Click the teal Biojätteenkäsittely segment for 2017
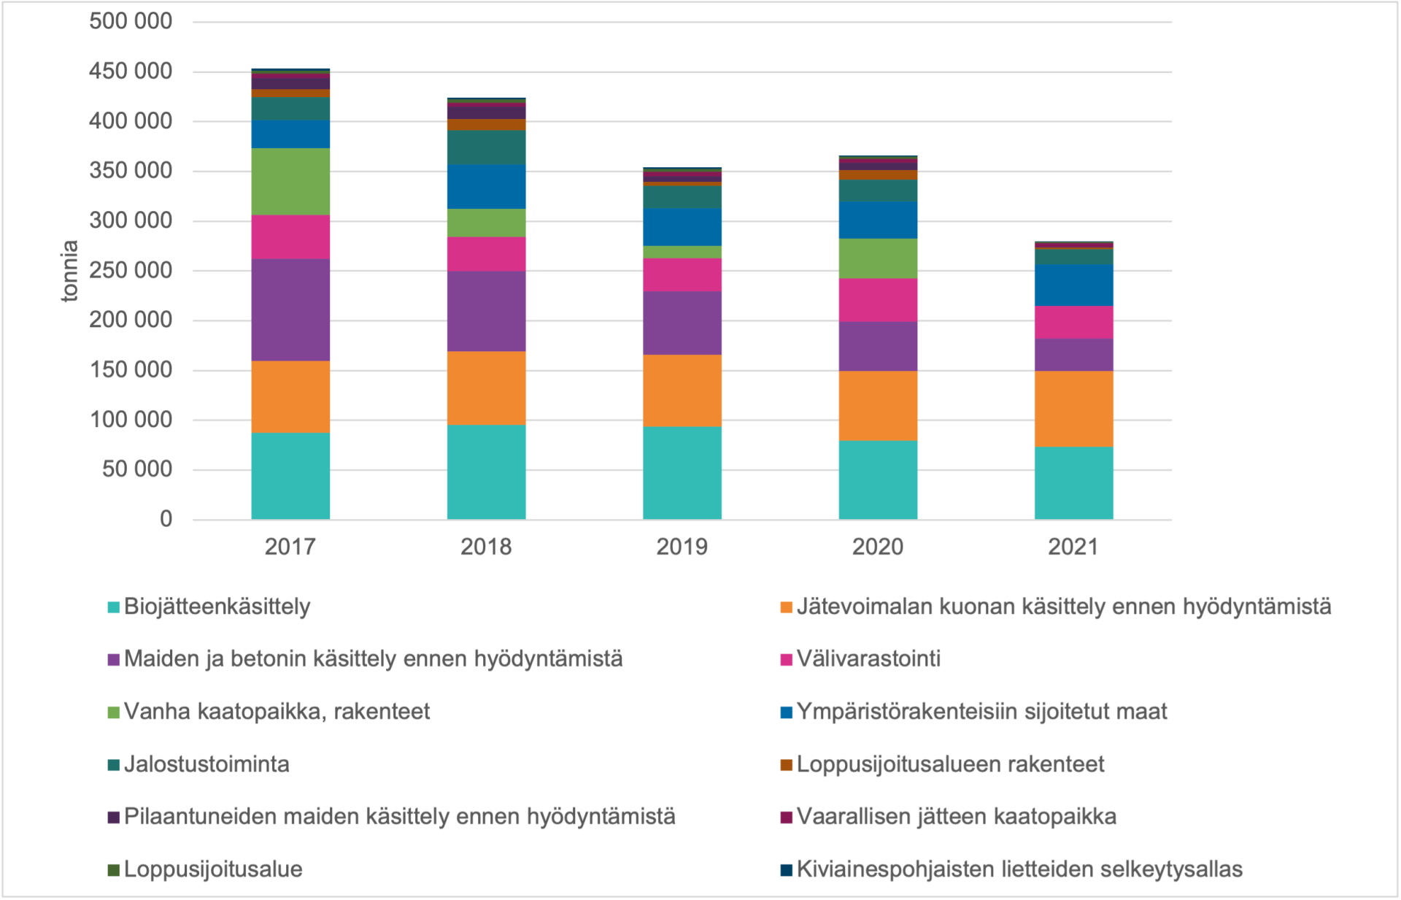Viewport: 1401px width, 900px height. (x=290, y=476)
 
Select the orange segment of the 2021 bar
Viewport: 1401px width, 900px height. (x=1073, y=409)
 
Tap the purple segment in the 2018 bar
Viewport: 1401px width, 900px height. (x=486, y=312)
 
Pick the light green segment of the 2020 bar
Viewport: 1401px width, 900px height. (x=878, y=258)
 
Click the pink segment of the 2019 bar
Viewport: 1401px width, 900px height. (x=682, y=275)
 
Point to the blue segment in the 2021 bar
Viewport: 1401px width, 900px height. (x=1073, y=285)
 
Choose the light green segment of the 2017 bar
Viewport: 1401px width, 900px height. (x=290, y=182)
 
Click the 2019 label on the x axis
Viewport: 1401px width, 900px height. (x=682, y=547)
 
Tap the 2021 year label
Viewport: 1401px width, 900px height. (x=1073, y=547)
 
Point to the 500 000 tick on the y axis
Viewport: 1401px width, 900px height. (x=131, y=21)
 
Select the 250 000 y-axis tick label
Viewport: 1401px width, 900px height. (x=131, y=270)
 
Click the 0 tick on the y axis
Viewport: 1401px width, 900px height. (x=166, y=519)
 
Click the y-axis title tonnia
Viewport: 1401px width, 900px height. (x=69, y=271)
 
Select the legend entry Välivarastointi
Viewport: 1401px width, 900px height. (x=868, y=659)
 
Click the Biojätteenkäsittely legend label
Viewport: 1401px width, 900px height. (x=217, y=607)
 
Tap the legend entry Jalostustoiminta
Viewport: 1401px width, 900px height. (x=207, y=764)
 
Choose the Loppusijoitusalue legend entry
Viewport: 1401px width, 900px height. (x=213, y=869)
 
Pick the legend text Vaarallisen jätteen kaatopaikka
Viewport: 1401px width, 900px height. (x=956, y=817)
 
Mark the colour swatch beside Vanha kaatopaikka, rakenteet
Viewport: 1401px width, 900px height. (x=113, y=712)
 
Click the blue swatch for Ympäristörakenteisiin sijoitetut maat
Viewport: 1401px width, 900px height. (x=786, y=712)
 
